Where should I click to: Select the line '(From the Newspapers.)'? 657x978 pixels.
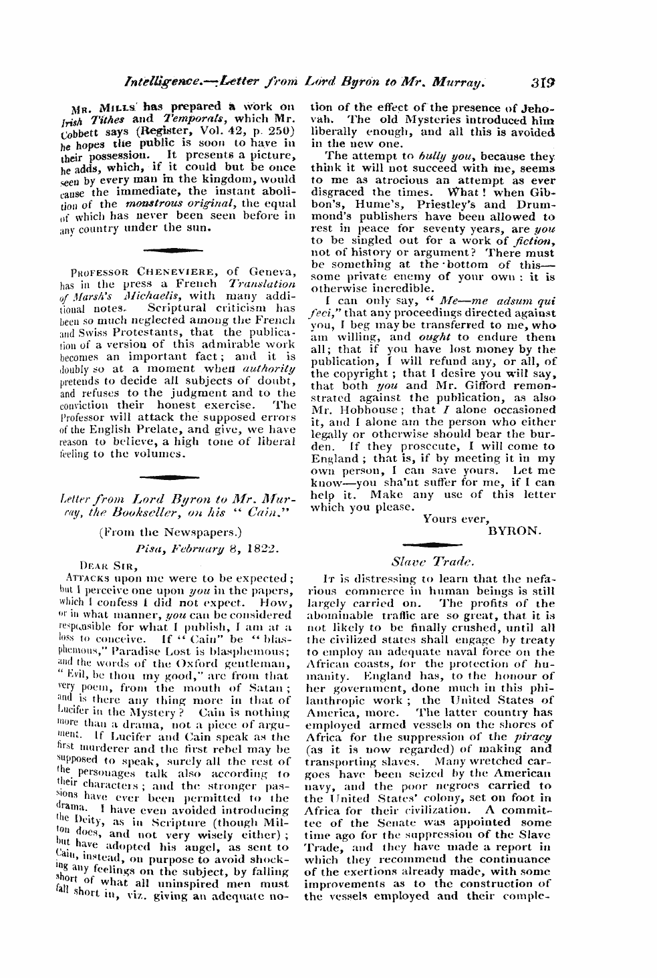tap(170, 533)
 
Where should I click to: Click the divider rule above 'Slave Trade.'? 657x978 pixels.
tap(432, 544)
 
